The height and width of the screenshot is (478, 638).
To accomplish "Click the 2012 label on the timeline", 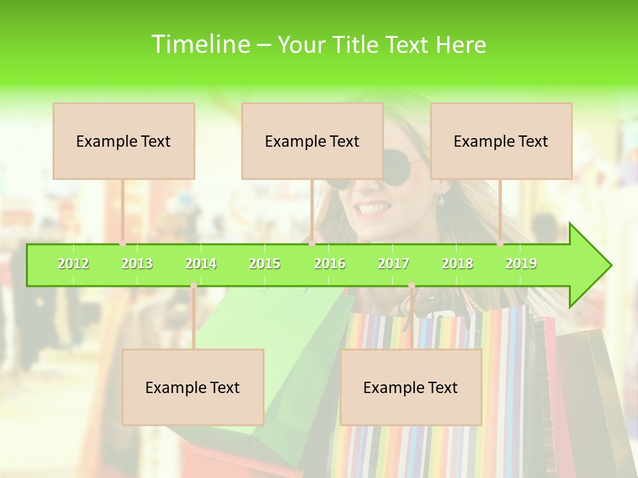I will click(x=73, y=264).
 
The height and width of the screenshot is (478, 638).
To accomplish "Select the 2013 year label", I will click(x=137, y=264).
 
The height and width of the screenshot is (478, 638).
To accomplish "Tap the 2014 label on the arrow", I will click(x=201, y=264).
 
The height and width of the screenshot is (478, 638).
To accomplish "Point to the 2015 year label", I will click(x=265, y=264).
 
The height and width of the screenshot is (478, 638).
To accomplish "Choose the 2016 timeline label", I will click(x=330, y=264).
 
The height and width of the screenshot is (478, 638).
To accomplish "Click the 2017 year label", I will click(x=393, y=264).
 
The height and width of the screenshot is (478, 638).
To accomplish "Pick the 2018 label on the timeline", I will click(x=457, y=264).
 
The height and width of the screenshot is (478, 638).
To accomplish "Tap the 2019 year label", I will click(x=521, y=264).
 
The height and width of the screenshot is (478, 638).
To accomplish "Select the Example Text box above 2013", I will click(x=124, y=141).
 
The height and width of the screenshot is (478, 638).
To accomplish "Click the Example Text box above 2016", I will click(x=312, y=141).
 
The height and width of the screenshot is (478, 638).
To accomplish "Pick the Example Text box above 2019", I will click(x=501, y=141).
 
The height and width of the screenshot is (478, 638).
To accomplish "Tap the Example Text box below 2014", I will click(x=193, y=387).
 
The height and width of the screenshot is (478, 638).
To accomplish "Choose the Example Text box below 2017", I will click(x=411, y=387).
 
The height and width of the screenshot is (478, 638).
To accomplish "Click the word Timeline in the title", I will click(x=200, y=44).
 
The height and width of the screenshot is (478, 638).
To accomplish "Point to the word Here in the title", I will click(x=461, y=44).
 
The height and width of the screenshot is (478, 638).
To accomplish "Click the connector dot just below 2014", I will click(x=193, y=285).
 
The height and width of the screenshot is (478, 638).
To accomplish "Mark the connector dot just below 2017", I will click(x=411, y=285).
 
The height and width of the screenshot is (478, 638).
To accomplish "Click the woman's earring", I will click(x=441, y=199).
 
